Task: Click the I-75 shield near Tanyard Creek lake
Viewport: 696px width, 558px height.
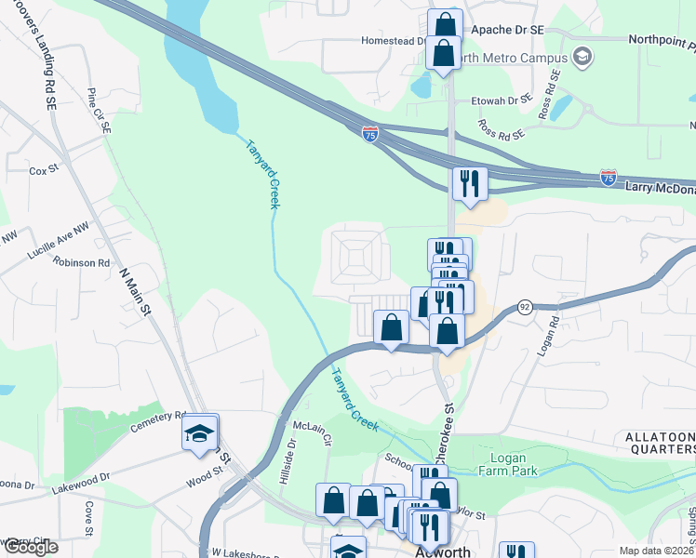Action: pyautogui.click(x=370, y=135)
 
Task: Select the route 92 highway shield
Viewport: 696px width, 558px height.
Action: pyautogui.click(x=525, y=307)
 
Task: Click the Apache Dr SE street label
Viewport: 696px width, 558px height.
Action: pyautogui.click(x=507, y=30)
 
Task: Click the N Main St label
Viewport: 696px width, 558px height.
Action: pyautogui.click(x=135, y=293)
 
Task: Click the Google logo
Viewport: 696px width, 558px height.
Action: pyautogui.click(x=30, y=547)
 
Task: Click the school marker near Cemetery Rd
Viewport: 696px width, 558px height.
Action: pyautogui.click(x=200, y=434)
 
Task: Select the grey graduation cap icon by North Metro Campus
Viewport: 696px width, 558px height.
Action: pyautogui.click(x=582, y=58)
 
